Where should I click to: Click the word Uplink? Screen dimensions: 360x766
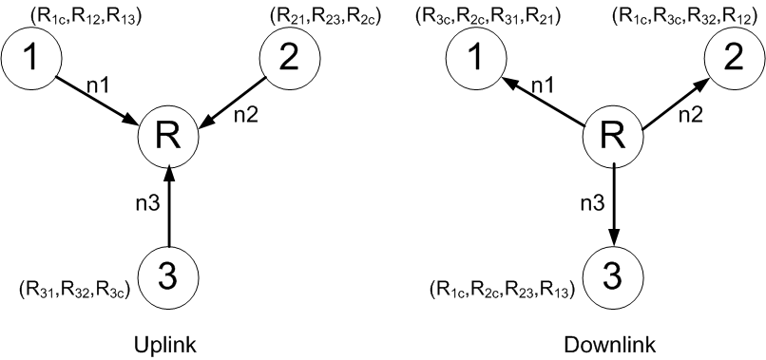(x=167, y=343)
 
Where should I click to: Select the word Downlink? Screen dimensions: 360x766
(x=614, y=343)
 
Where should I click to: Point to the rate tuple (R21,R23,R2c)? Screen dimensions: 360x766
(x=326, y=16)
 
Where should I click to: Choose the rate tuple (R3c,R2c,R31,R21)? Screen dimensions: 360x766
(x=488, y=16)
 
